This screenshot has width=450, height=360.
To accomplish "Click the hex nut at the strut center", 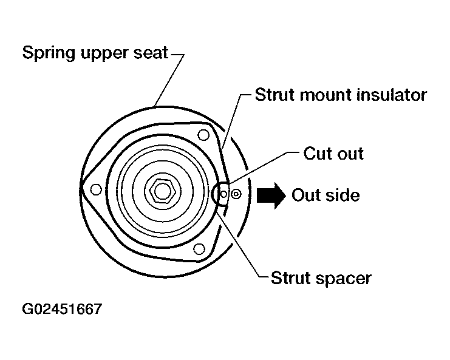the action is pos(162,191).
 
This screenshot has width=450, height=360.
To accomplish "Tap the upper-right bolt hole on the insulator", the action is pos(203,135).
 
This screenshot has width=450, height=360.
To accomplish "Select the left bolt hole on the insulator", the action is pos(96,189).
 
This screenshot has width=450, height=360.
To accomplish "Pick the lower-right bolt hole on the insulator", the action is pos(199,249).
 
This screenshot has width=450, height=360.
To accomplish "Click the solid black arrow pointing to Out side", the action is pos(271,195).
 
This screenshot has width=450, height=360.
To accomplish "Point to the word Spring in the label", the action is pos(49,53).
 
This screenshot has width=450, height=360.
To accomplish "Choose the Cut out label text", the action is pos(333,154).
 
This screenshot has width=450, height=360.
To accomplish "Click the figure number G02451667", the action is pos(62,309).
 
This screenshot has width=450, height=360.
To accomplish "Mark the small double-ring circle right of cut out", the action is pos(236,194).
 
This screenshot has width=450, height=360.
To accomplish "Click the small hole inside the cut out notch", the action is pos(223,194).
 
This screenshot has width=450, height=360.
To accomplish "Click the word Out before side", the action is pos(306,195).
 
